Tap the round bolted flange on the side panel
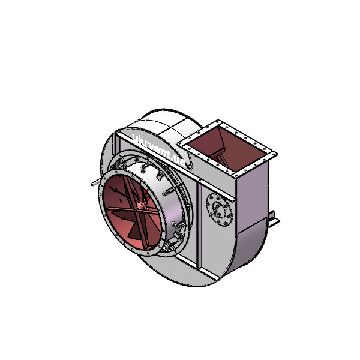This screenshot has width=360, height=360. pos(219,210)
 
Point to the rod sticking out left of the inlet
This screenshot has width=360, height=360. pos(96,182)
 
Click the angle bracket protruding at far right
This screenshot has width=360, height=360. pos(274,220)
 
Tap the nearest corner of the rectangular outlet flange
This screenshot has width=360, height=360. pos(235,176)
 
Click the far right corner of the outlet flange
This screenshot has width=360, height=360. pos(277,154)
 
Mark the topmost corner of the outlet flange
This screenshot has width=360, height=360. pos(218,120)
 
